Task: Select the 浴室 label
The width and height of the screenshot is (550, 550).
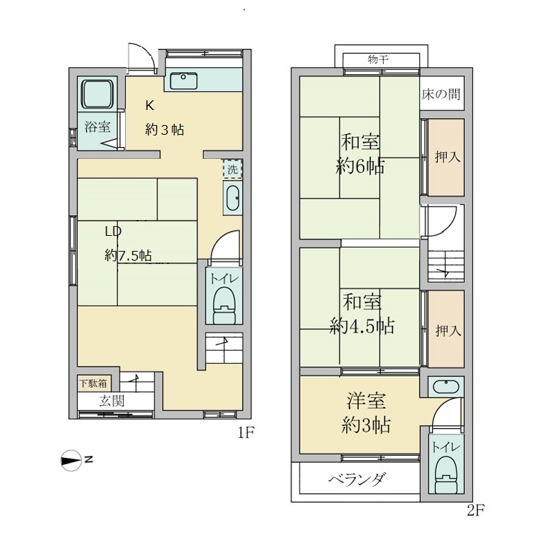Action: point(98,127)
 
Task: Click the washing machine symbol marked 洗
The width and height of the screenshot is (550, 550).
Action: point(232,168)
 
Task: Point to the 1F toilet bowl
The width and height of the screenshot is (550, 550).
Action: point(223,303)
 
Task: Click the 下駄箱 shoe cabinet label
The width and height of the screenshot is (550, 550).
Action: point(92,384)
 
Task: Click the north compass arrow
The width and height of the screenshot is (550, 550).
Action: point(71,461)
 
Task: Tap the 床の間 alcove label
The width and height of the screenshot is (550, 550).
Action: point(441,93)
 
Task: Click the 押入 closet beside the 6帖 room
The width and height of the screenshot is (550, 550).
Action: point(447,157)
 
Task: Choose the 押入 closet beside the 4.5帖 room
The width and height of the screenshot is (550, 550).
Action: point(448,331)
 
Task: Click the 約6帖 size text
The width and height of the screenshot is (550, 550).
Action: point(360,166)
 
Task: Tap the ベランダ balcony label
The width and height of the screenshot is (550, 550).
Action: point(356,479)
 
